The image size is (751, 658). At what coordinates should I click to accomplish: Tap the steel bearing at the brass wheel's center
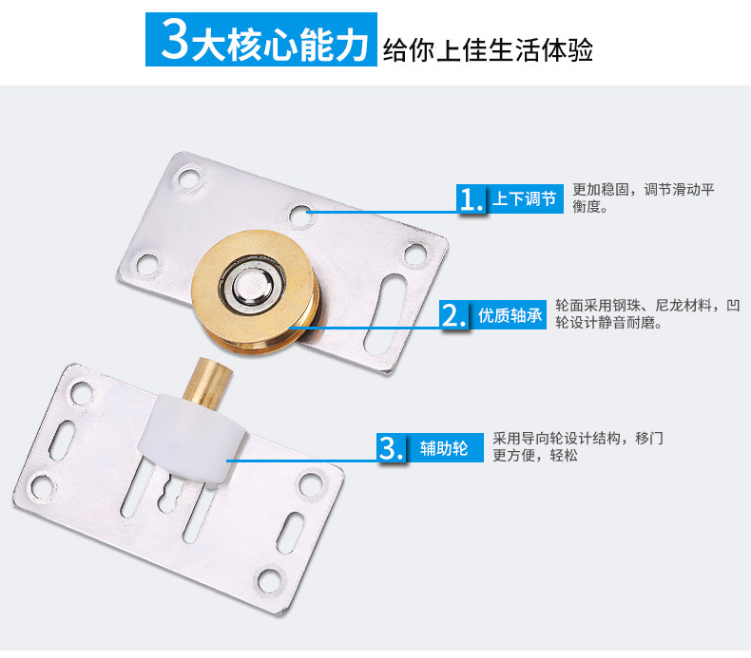248,284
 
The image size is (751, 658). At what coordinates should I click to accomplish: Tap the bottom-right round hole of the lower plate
310,485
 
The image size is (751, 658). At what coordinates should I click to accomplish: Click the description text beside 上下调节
643,197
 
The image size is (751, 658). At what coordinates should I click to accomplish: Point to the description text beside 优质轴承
646,314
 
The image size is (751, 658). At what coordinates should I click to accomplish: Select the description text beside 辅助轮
577,446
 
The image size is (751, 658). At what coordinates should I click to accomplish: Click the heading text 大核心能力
278,41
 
